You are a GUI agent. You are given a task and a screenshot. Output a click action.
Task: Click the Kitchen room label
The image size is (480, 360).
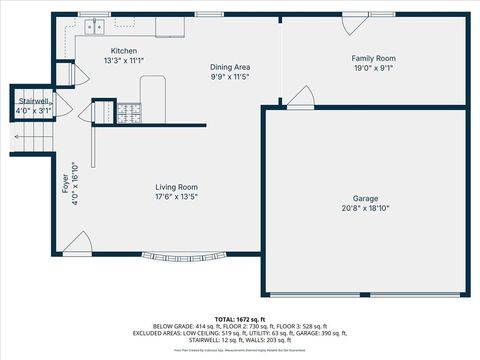pyautogui.click(x=124, y=51)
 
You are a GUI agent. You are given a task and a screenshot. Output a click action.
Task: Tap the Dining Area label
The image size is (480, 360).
pyautogui.click(x=229, y=67)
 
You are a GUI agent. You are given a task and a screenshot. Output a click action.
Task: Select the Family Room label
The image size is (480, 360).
pyautogui.click(x=372, y=59)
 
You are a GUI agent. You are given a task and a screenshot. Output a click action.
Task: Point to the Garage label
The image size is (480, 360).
pyautogui.click(x=364, y=198)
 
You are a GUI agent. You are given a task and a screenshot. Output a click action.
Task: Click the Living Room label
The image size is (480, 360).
pyautogui.click(x=176, y=187)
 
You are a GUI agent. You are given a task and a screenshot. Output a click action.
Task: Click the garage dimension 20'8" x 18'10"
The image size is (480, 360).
pyautogui.click(x=364, y=209)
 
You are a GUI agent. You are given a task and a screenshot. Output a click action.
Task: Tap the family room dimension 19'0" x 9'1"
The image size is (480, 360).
pyautogui.click(x=372, y=69)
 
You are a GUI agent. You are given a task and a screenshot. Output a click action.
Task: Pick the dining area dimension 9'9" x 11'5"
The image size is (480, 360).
pyautogui.click(x=229, y=77)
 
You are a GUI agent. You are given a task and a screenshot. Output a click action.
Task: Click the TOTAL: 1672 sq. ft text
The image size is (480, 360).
pyautogui.click(x=240, y=319)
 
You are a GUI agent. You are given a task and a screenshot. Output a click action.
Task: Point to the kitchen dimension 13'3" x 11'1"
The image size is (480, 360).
pyautogui.click(x=124, y=61)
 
